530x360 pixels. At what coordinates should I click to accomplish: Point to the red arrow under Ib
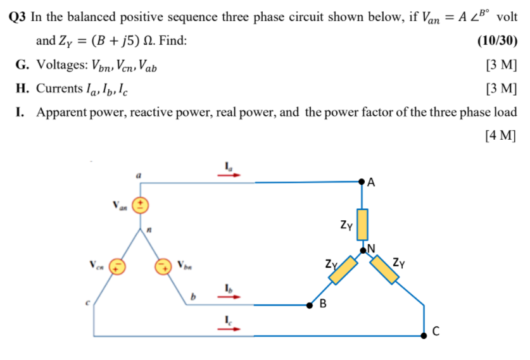coord(230,297)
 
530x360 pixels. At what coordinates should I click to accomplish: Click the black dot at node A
coord(363,182)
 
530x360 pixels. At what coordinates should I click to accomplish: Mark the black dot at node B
coord(310,305)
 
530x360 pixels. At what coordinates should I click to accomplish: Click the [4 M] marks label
coord(499,135)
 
